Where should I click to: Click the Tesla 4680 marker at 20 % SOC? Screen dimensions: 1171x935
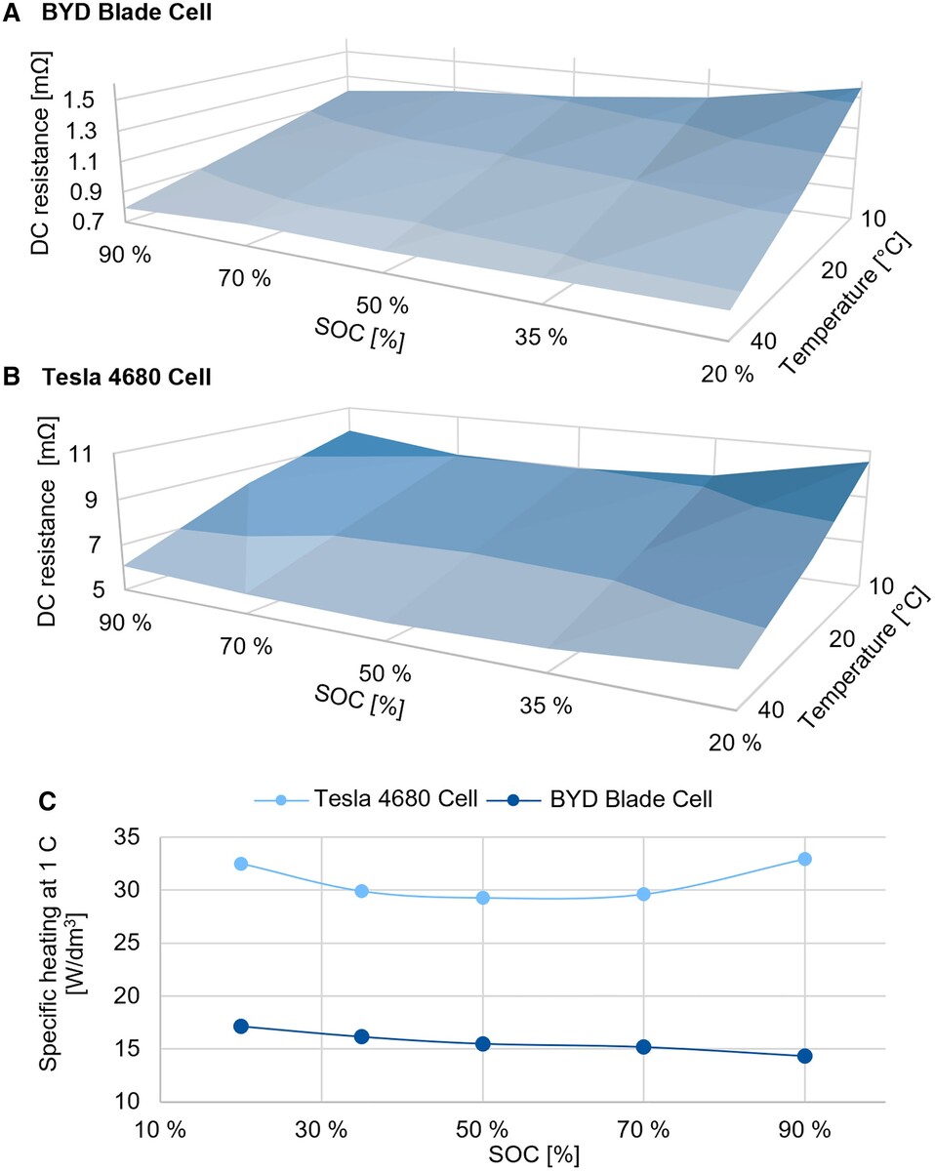(241, 864)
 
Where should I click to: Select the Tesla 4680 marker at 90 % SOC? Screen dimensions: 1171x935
(805, 859)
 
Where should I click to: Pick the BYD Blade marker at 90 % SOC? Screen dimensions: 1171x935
(805, 1056)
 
